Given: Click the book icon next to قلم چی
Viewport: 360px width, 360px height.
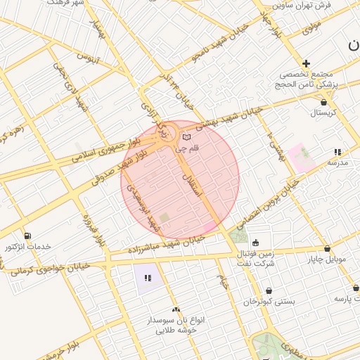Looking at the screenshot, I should [x=186, y=137].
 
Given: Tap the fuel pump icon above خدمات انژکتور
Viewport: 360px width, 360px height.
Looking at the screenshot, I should [x=27, y=236].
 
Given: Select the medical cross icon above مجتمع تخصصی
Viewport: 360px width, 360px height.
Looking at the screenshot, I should [x=306, y=63].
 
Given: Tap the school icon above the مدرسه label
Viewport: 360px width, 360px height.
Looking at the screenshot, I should [x=337, y=152].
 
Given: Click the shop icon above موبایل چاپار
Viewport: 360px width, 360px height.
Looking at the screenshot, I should [x=327, y=249].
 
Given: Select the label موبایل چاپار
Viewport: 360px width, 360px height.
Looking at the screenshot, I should [x=327, y=260].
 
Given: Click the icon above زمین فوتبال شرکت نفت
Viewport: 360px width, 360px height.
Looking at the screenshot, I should [x=255, y=243].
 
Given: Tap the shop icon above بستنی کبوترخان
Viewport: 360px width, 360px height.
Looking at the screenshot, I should [x=269, y=290].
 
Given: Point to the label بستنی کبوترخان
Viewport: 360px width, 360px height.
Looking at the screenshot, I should [x=269, y=301].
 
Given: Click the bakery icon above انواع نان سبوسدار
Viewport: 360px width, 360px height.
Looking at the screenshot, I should [x=176, y=309].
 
